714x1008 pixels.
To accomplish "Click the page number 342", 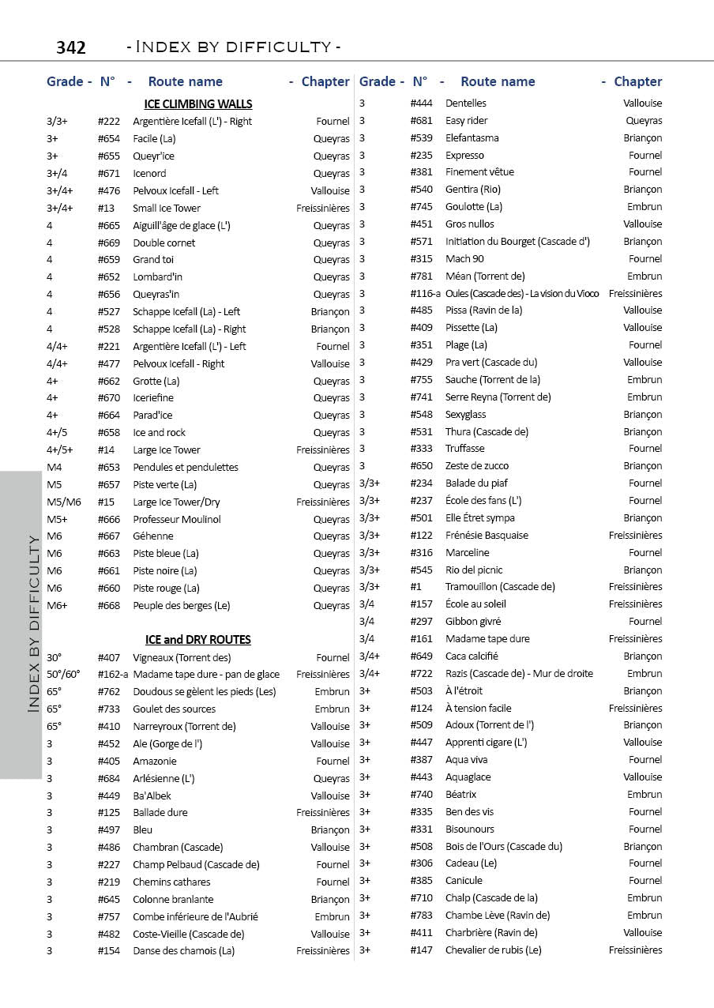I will coord(71,47).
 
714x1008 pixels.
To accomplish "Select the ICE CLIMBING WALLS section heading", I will coord(198,103).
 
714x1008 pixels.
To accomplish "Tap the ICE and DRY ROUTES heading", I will coord(198,639).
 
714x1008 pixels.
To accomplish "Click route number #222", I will coord(109,121).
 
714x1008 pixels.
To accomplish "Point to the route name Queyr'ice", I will coord(153,156).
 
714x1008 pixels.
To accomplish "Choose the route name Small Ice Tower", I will coord(167,208).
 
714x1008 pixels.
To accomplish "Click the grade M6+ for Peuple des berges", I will coord(57,605).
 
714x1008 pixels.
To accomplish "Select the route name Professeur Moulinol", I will coord(177,519).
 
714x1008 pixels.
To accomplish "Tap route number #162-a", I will coord(114,674).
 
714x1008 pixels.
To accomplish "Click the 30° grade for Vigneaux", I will coord(54,657).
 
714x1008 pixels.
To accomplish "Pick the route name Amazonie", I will coord(155,761).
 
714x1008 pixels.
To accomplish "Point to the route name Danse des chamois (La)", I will coord(184,950).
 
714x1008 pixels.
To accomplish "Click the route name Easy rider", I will coord(467,120).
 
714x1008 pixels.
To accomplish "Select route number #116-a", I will coord(426,293).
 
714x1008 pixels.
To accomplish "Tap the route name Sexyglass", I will coord(466,414).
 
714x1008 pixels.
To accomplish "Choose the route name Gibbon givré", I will coord(473,621).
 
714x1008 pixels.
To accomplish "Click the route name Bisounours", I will coord(470,829).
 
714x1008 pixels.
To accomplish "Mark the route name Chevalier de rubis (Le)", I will coord(494,950).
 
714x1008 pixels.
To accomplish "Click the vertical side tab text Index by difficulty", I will coord(33,624).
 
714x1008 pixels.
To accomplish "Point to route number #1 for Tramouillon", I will coord(416,586).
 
